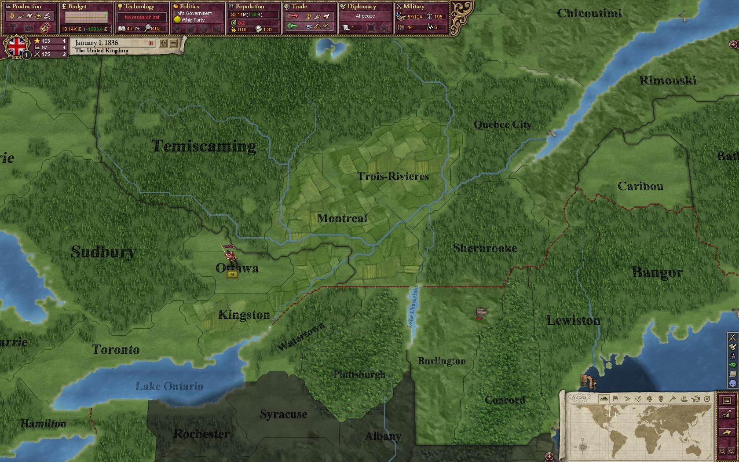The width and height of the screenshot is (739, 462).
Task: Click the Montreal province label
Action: tap(342, 218)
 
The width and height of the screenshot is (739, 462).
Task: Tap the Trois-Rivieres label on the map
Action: tap(393, 176)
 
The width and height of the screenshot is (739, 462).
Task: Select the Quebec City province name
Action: tap(502, 125)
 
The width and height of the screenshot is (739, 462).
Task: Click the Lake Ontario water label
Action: tap(169, 386)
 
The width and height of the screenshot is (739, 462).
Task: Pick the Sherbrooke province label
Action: tap(485, 248)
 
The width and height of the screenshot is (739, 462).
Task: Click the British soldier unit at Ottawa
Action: tap(228, 254)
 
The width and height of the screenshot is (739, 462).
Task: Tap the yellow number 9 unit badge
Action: tap(232, 275)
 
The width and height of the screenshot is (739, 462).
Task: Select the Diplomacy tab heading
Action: tap(362, 7)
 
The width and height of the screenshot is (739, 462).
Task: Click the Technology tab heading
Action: tap(139, 7)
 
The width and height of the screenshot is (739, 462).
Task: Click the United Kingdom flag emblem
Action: tap(16, 47)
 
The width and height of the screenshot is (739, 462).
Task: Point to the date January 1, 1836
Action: tap(96, 43)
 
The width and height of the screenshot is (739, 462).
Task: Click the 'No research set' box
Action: tap(142, 17)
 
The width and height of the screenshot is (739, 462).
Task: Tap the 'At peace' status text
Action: tap(365, 16)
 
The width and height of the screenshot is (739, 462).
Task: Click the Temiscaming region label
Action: tap(204, 146)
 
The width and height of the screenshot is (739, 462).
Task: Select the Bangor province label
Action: tap(657, 272)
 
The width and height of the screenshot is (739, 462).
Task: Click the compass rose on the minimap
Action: tap(582, 447)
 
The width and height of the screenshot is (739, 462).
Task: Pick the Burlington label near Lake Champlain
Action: tap(441, 361)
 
